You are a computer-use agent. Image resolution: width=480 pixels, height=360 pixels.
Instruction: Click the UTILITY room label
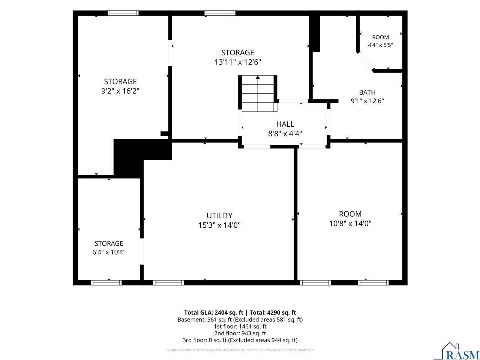(x=219, y=216)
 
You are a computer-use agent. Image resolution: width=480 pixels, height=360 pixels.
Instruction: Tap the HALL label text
(x=285, y=124)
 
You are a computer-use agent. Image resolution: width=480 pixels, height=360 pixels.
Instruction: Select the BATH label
(x=367, y=93)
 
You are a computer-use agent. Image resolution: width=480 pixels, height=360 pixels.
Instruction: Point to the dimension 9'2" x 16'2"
(x=120, y=91)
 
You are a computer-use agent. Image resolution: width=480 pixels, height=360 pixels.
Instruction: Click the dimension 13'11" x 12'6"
(x=238, y=62)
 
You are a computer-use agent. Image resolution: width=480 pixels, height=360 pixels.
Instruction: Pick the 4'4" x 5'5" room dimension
(x=381, y=45)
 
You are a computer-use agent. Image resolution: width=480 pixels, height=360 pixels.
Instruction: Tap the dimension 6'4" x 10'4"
(x=109, y=252)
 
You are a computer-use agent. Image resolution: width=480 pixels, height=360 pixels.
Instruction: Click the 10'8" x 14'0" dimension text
(x=350, y=223)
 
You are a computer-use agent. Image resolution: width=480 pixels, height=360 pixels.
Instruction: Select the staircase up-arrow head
(x=258, y=77)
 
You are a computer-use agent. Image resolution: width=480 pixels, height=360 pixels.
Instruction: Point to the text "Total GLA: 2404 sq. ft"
(x=214, y=313)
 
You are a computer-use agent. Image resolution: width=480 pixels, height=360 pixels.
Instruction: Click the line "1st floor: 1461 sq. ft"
(x=240, y=327)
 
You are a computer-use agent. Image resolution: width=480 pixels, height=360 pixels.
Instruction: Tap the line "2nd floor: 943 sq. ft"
(x=240, y=333)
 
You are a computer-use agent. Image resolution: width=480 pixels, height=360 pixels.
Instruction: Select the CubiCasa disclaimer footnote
(x=240, y=350)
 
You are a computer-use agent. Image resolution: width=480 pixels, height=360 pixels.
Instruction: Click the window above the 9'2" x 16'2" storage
(x=123, y=13)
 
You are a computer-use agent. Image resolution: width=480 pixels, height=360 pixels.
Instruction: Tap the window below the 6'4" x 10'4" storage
(x=106, y=283)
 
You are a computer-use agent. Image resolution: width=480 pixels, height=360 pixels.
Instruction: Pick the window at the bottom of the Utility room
(x=168, y=283)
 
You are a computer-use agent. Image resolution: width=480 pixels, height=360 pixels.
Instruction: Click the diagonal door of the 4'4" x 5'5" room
(x=366, y=61)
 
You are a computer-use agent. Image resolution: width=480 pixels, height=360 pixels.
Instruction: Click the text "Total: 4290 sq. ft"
(x=273, y=313)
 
